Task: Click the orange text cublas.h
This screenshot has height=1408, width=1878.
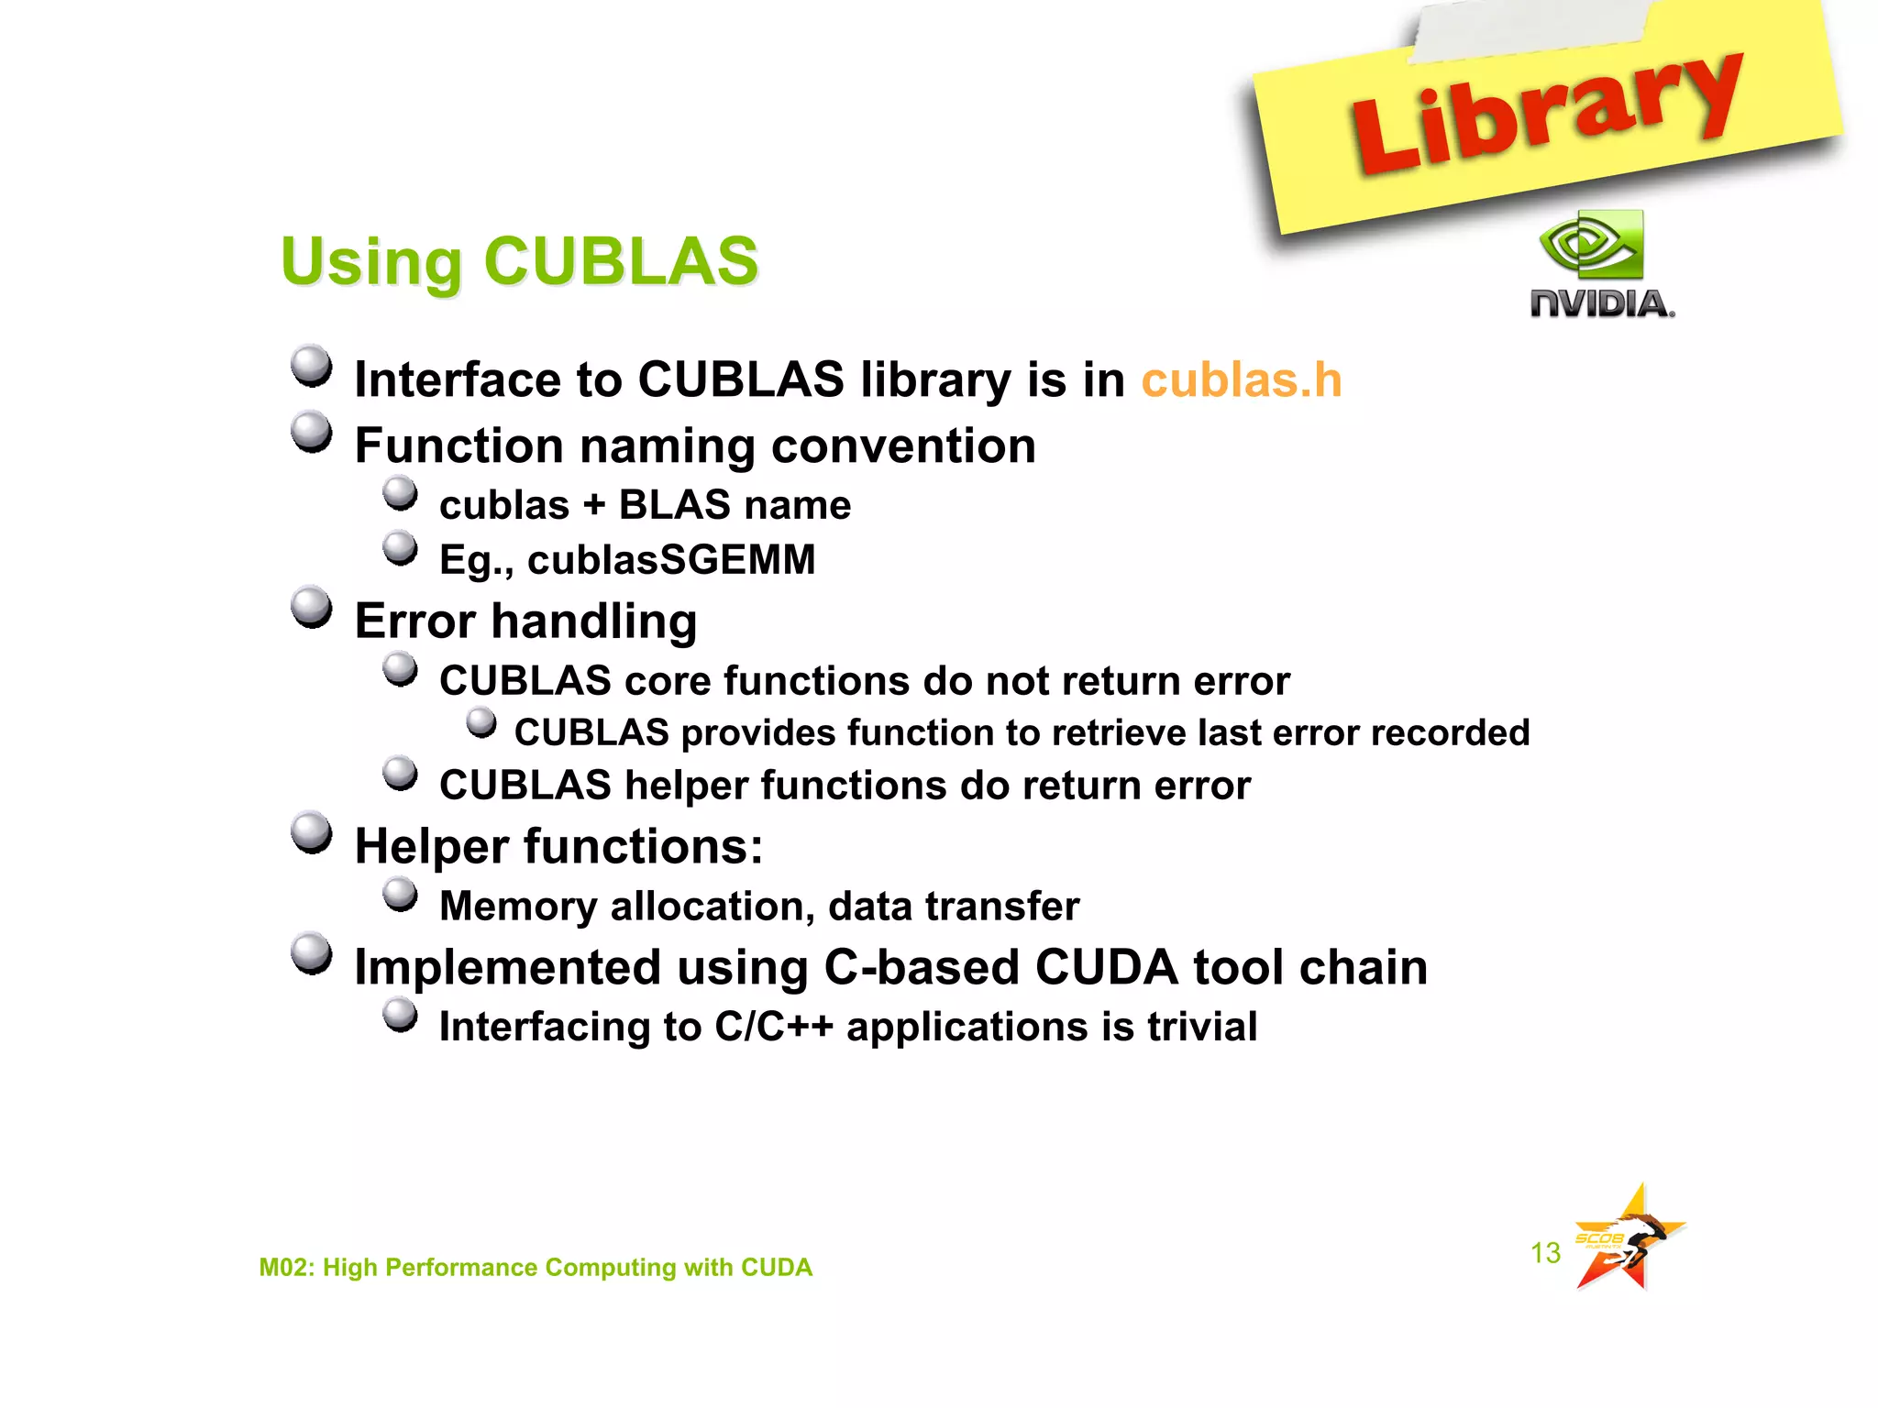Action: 1241,379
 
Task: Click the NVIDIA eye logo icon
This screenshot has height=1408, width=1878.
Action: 1592,245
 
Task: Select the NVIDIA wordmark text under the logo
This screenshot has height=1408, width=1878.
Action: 1601,303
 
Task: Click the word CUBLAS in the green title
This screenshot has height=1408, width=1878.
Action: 621,261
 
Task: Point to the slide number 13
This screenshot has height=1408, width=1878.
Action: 1545,1252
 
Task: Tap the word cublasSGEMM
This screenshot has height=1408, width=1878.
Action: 671,560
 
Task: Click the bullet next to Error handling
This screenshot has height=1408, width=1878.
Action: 312,608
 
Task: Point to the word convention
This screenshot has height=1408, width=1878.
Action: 903,446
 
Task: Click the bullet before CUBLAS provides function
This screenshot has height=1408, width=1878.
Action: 481,722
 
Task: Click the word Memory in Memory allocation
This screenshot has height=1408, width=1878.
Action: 518,907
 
